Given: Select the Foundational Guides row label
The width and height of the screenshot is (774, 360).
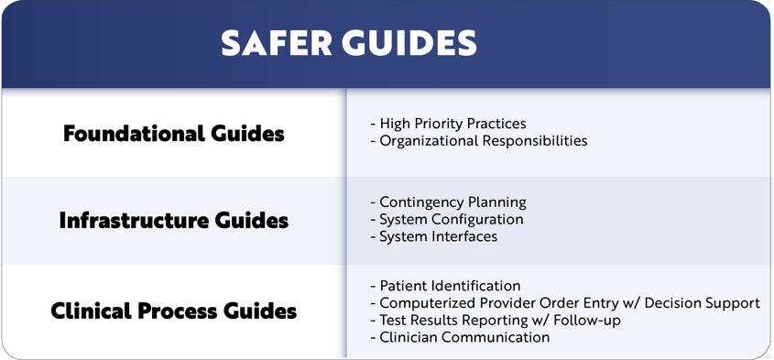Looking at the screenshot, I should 174,134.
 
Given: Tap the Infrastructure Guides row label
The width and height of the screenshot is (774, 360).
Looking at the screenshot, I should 174,221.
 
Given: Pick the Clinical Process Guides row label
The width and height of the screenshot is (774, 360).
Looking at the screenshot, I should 174,311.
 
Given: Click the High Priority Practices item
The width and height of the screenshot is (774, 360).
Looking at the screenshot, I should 448,124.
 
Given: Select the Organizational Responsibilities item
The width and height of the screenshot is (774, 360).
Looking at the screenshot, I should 478,141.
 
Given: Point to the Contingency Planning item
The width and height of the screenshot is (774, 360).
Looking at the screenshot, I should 448,202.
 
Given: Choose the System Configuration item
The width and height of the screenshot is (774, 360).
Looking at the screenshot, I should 446,220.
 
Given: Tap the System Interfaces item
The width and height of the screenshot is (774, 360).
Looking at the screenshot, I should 433,237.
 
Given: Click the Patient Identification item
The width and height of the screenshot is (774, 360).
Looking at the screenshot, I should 445,286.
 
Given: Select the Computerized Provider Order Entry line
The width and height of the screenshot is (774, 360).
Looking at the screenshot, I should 564,303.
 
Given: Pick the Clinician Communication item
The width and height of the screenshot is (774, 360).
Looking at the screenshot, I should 460,338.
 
